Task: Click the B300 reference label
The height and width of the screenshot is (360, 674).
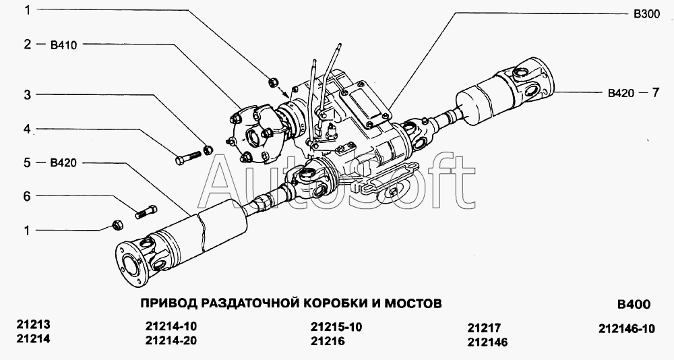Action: pos(646,13)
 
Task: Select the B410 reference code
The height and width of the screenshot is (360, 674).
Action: pos(63,44)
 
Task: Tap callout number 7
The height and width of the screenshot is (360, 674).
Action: pos(654,92)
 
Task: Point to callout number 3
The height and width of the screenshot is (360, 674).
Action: pos(28,94)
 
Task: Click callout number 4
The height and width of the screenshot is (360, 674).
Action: pos(28,129)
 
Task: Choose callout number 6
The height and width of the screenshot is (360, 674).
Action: pos(27,196)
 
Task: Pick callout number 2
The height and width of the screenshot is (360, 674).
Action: pos(28,44)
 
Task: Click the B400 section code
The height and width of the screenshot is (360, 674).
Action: pos(634,305)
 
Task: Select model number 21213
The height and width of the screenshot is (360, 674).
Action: pos(34,324)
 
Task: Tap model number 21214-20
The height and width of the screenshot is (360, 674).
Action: pos(171,340)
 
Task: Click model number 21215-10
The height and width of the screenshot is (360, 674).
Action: pos(336,328)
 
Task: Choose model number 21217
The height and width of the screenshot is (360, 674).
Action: pos(485,328)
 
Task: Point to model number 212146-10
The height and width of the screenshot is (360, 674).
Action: pos(627,329)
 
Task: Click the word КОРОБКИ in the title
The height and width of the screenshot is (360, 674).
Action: pos(334,303)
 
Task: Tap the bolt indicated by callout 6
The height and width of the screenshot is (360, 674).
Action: pos(146,212)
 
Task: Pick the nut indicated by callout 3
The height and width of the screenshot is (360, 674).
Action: pos(207,149)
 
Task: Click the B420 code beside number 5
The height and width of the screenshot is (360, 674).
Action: pos(63,162)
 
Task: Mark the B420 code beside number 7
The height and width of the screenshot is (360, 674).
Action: pos(621,93)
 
